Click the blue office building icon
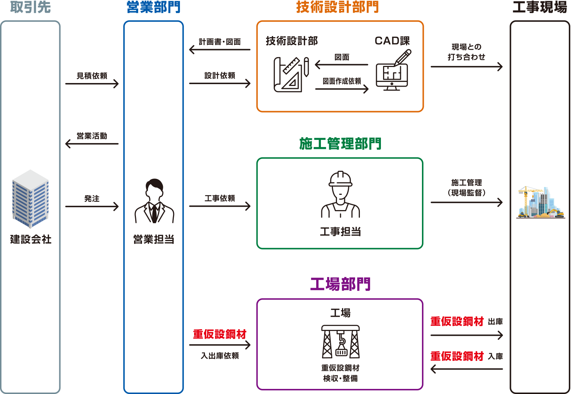(31, 199)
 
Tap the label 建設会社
(31, 239)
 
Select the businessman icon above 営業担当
(154, 201)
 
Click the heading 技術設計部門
(337, 7)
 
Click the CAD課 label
(392, 41)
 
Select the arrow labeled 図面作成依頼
(342, 88)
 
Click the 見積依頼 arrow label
(92, 76)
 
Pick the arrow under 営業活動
(92, 144)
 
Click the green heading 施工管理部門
(340, 144)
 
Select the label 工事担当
(340, 232)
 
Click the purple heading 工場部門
(340, 284)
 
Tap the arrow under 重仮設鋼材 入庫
(467, 369)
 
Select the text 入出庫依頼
(220, 356)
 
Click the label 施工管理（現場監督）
(467, 188)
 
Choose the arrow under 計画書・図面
(220, 50)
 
